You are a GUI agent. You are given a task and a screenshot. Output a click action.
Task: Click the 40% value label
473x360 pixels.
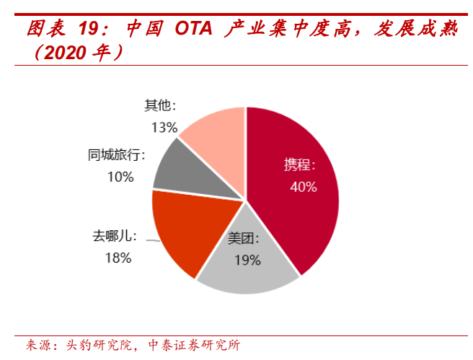click(303, 187)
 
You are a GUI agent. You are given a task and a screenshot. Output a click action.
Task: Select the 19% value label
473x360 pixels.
click(247, 260)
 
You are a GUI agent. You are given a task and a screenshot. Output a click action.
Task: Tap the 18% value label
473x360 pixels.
click(117, 258)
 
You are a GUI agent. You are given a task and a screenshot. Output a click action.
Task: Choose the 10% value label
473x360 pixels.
click(120, 177)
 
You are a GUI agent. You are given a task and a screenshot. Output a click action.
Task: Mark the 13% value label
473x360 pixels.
click(164, 128)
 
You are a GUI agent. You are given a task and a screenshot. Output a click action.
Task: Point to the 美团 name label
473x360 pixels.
click(244, 239)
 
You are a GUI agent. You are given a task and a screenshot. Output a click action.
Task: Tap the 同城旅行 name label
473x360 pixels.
click(116, 155)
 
